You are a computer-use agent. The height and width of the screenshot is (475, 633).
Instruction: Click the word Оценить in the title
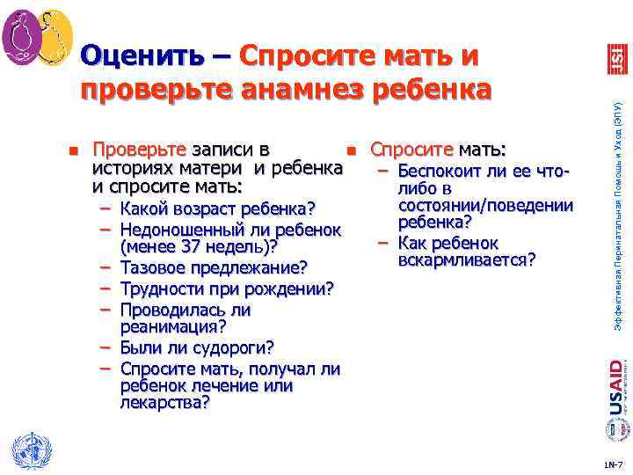141,56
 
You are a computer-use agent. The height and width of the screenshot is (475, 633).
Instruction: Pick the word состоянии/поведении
485,206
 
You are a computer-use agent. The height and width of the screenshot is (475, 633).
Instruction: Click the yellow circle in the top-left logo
54,37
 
